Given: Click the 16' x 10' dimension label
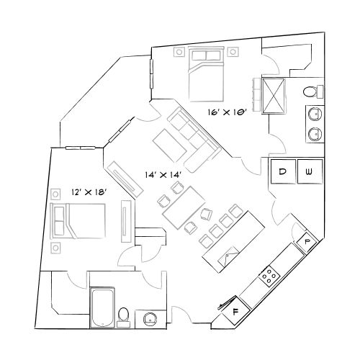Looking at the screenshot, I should click(228, 112).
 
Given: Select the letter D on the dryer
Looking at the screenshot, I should click(284, 171).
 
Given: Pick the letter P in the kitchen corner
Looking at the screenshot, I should click(307, 241).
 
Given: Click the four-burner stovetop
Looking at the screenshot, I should click(270, 274).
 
